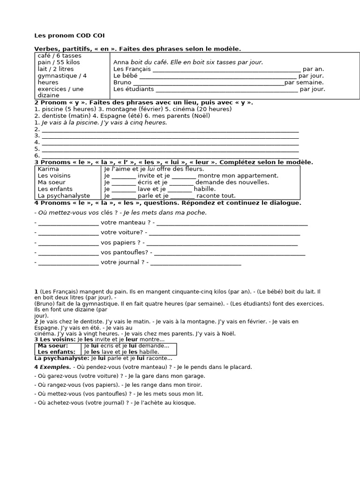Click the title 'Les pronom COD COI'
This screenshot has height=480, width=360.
pyautogui.click(x=70, y=36)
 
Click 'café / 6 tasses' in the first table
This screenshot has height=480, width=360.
pyautogui.click(x=60, y=56)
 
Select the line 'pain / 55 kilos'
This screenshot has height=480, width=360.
pyautogui.click(x=59, y=62)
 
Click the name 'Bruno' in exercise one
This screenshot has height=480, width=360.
pyautogui.click(x=122, y=82)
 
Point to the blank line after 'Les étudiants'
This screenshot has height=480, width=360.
pyautogui.click(x=226, y=89)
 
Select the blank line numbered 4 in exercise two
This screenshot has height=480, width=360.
pyautogui.click(x=170, y=142)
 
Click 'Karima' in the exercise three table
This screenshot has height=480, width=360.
pyautogui.click(x=48, y=169)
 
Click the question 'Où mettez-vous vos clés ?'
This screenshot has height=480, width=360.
pyautogui.click(x=73, y=212)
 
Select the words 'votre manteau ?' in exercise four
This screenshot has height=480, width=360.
pyautogui.click(x=123, y=223)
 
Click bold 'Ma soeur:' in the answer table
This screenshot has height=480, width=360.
pyautogui.click(x=52, y=345)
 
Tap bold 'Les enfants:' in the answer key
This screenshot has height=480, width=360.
pyautogui.click(x=56, y=352)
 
